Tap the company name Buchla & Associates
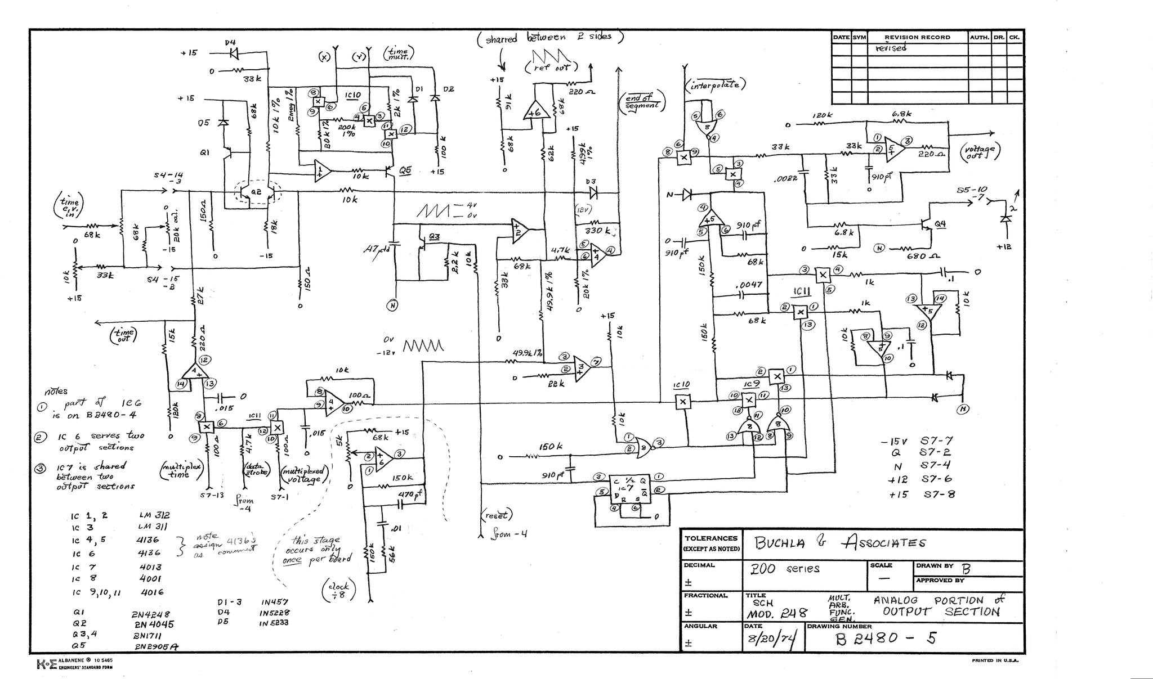tap(841, 543)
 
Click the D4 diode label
tap(230, 42)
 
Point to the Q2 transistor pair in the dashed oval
tap(257, 192)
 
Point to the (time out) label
tap(123, 335)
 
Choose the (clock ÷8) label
tap(338, 590)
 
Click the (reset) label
tap(497, 515)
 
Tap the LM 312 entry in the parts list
tap(154, 515)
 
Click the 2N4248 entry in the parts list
tap(150, 614)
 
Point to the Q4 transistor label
tap(940, 224)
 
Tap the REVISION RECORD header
tap(917, 37)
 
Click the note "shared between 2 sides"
tap(549, 38)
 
